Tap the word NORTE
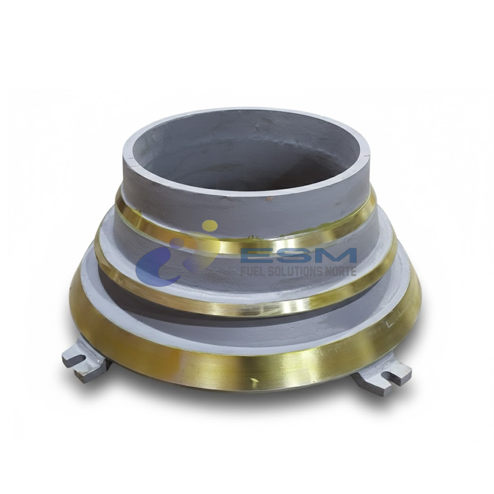(343, 271)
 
